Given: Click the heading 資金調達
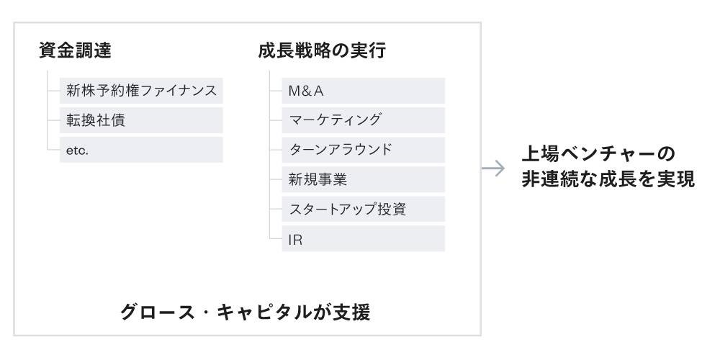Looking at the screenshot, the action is click(x=76, y=50).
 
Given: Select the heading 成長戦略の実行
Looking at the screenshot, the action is click(x=322, y=50).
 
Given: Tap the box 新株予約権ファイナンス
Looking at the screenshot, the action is click(x=141, y=91).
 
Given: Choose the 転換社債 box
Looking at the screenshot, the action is click(x=141, y=120).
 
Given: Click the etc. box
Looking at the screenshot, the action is click(x=141, y=150).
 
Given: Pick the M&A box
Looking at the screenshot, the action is click(x=363, y=91).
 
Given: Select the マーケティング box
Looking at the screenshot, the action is click(x=363, y=120).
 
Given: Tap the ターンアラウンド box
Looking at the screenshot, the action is click(x=363, y=150).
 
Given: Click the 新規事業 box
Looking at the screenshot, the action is click(x=363, y=179).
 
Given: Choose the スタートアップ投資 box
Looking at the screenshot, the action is click(x=363, y=209).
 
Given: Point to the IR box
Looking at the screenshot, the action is click(x=363, y=238).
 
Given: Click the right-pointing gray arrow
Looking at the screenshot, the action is click(x=493, y=168).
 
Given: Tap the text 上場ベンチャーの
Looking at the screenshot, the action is click(x=598, y=154).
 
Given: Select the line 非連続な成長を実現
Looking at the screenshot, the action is click(x=608, y=180).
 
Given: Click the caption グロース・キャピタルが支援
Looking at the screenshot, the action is click(x=246, y=312).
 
